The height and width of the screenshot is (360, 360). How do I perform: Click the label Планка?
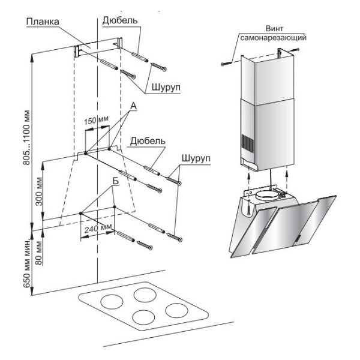click(x=43, y=22)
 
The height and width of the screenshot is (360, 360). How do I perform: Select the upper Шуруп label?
click(x=166, y=88)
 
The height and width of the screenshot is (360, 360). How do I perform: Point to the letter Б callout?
click(x=114, y=182)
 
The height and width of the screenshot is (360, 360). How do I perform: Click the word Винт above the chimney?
click(x=274, y=28)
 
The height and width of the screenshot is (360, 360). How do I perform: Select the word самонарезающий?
click(x=274, y=37)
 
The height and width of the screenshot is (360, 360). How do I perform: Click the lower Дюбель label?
click(x=143, y=142)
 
